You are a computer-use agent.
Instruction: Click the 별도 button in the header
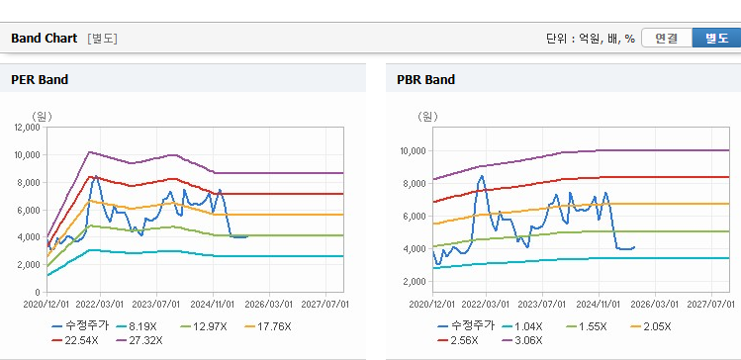(x=716, y=39)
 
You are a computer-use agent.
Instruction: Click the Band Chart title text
(x=44, y=39)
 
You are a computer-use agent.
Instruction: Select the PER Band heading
(x=40, y=80)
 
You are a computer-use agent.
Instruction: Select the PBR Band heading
(x=425, y=80)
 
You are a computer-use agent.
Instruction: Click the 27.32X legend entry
(x=139, y=340)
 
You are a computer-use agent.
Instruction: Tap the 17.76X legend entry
(x=268, y=326)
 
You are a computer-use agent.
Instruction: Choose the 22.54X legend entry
(x=75, y=340)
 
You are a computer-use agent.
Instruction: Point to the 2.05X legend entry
(x=650, y=326)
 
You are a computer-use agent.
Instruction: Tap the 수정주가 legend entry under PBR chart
(x=466, y=325)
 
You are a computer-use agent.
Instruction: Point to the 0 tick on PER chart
(x=39, y=293)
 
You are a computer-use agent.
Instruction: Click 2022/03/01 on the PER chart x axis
(x=101, y=305)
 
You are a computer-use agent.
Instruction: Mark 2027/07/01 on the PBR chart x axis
(x=711, y=305)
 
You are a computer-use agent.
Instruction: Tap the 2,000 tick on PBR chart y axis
(x=416, y=282)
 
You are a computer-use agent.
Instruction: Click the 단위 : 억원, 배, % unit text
(x=591, y=39)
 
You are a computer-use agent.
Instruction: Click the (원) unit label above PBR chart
(x=427, y=116)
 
